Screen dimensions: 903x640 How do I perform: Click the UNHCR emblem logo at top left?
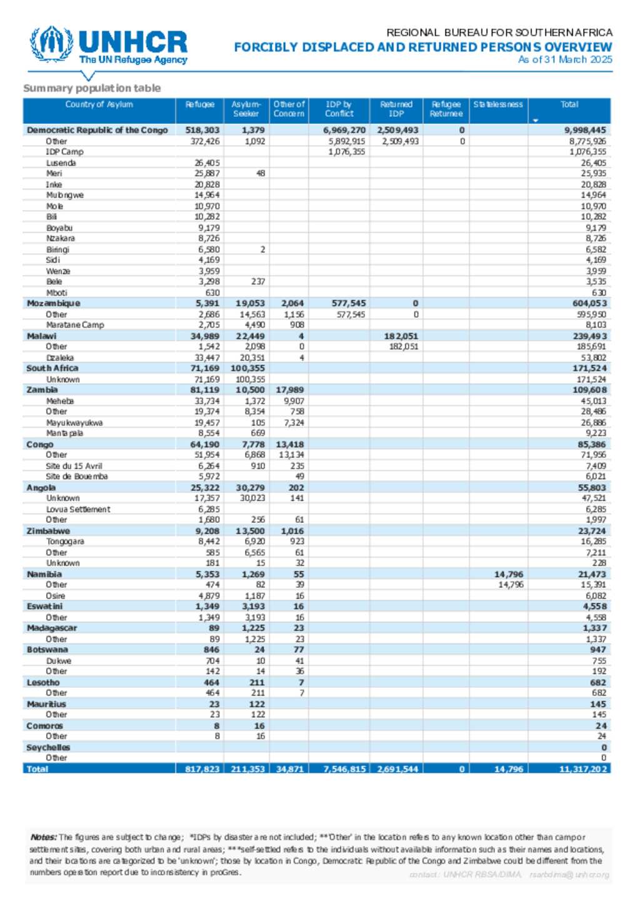(51, 44)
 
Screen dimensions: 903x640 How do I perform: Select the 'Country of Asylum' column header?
(99, 104)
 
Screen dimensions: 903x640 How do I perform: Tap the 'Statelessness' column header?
(497, 104)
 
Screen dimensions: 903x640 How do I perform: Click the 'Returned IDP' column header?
(396, 109)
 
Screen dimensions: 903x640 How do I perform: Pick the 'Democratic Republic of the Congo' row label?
(97, 130)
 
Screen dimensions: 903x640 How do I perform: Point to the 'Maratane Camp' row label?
(75, 325)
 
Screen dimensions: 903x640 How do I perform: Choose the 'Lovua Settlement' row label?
(78, 509)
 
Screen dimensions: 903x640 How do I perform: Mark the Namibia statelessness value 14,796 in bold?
(509, 574)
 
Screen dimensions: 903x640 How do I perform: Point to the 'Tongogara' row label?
(65, 542)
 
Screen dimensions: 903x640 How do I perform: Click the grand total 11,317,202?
(582, 769)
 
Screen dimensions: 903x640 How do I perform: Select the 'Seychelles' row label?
(48, 747)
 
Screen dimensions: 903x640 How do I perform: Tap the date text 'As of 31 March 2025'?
(565, 59)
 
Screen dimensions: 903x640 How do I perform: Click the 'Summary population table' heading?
(92, 88)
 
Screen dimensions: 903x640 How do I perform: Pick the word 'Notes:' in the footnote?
(43, 837)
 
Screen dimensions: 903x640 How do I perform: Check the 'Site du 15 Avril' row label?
(74, 466)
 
